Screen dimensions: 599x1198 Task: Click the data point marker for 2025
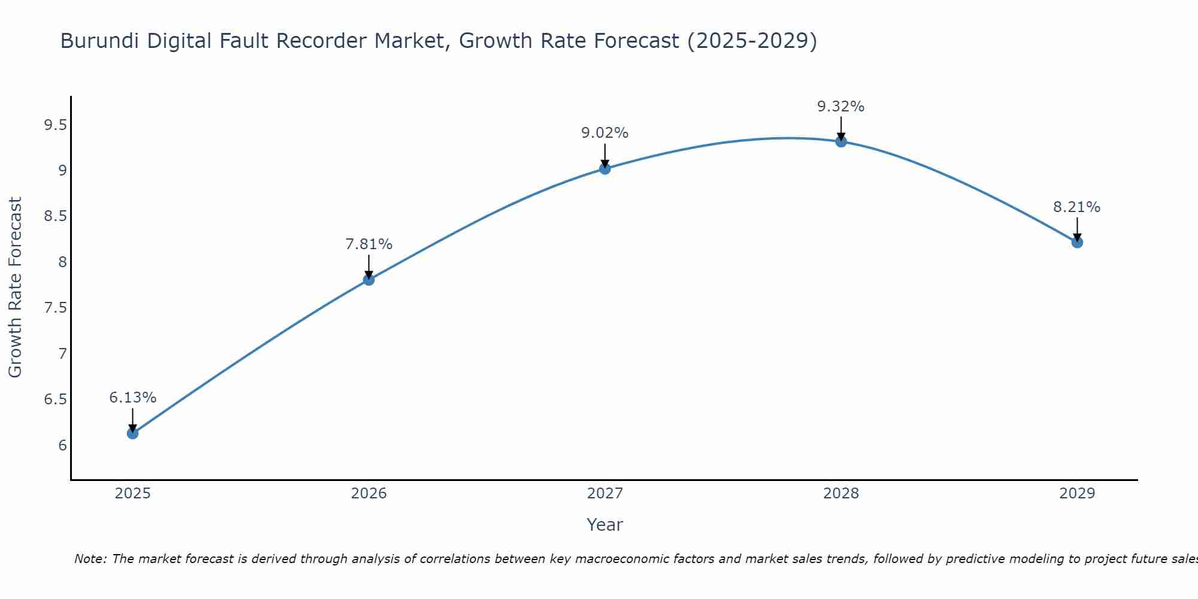point(132,433)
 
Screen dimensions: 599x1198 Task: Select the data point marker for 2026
point(369,280)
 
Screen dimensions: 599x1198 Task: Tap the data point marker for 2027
point(605,169)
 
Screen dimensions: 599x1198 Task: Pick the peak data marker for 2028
point(841,141)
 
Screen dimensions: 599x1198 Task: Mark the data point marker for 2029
point(1077,243)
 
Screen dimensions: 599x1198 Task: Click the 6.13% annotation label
point(132,398)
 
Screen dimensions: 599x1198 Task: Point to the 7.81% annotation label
point(369,244)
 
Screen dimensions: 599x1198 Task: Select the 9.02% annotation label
point(605,133)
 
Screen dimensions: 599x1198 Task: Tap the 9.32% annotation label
point(841,107)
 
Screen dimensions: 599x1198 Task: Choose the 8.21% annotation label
point(1077,207)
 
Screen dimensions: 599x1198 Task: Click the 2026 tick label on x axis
point(369,494)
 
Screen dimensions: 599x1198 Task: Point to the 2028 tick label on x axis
point(841,494)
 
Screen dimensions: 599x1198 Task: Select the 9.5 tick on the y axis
point(55,125)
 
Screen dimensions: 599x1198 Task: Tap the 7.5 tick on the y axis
point(55,308)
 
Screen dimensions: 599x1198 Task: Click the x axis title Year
point(605,525)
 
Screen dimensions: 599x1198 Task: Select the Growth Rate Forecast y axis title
point(16,288)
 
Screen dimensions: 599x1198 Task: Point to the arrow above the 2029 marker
point(1077,229)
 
